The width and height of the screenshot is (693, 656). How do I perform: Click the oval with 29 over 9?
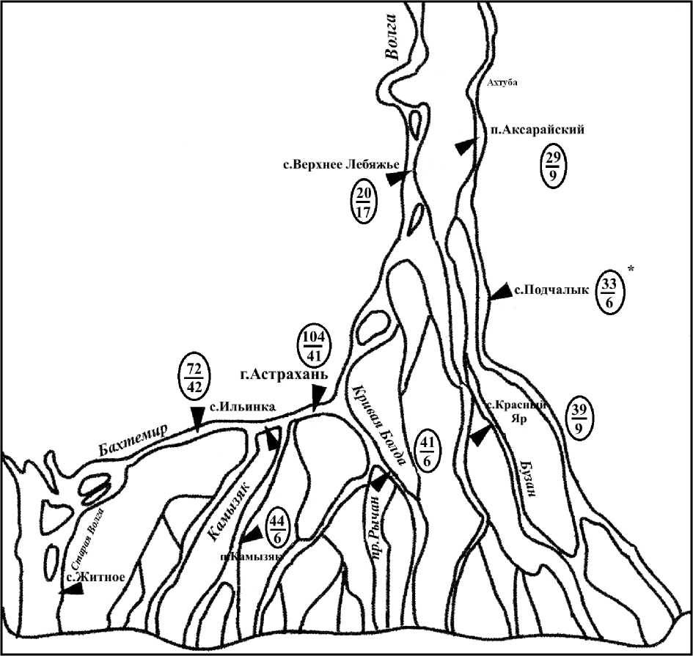pos(551,167)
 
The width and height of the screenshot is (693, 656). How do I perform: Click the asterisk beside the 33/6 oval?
pos(631,271)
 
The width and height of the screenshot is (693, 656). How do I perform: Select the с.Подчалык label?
pos(551,290)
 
